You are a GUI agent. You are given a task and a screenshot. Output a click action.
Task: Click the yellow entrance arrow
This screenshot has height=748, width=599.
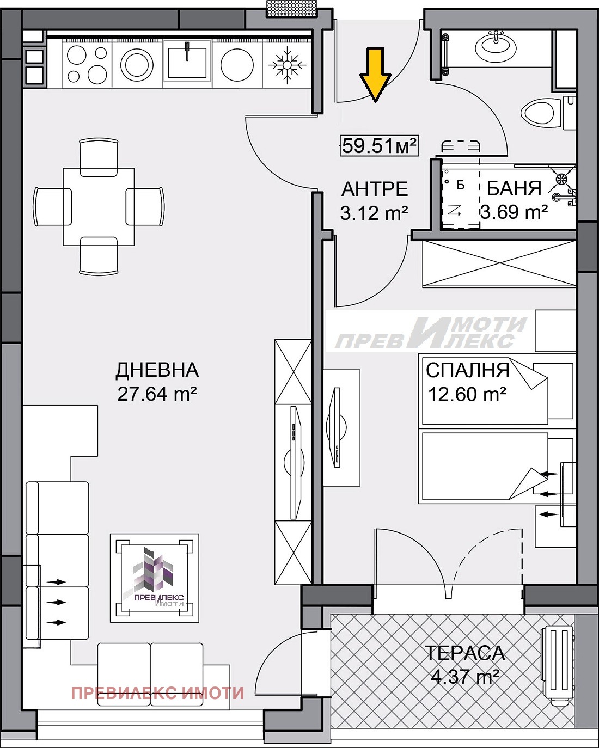tap(375, 74)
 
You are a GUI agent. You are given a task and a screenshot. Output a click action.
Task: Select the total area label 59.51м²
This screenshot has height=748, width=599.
tap(379, 145)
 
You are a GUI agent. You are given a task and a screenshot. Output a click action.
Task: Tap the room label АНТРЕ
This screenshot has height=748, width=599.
tap(375, 189)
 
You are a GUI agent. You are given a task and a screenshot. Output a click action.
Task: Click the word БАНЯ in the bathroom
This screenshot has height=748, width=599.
tap(514, 188)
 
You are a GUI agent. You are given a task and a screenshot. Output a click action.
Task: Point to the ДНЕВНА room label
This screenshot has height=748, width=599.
tap(157, 370)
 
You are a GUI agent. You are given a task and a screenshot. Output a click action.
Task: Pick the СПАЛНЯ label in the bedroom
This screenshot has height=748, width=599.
tap(467, 370)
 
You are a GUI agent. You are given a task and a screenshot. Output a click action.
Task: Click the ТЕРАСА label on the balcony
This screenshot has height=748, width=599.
tap(464, 653)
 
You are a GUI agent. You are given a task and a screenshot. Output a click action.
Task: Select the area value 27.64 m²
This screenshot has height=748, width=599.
tap(157, 394)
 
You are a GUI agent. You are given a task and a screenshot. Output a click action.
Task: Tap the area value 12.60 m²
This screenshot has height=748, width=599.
tap(467, 394)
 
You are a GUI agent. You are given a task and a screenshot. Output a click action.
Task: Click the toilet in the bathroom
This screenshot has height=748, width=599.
tap(541, 113)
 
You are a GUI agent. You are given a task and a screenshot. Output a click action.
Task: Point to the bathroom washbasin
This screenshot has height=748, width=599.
tap(496, 47)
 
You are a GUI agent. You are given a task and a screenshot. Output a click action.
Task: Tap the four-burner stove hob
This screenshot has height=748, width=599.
tap(87, 64)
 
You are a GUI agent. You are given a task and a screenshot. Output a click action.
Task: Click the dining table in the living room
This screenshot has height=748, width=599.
tap(99, 207)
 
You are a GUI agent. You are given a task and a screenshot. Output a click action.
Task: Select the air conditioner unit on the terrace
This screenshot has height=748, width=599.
tap(557, 666)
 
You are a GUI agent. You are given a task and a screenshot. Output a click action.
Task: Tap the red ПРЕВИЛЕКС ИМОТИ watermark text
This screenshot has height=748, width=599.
tap(157, 693)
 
